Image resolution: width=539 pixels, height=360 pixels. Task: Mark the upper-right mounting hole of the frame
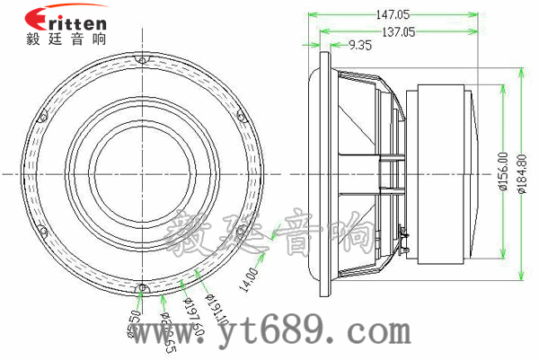point(240,115)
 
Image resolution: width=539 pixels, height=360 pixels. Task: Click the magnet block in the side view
point(440,171)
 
